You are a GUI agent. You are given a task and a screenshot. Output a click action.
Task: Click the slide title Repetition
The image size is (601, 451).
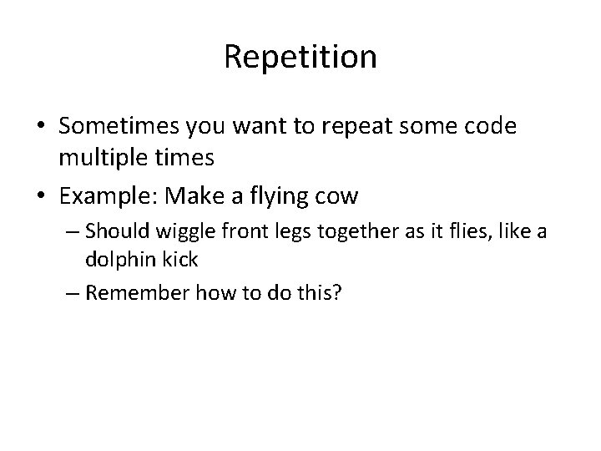(x=300, y=57)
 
